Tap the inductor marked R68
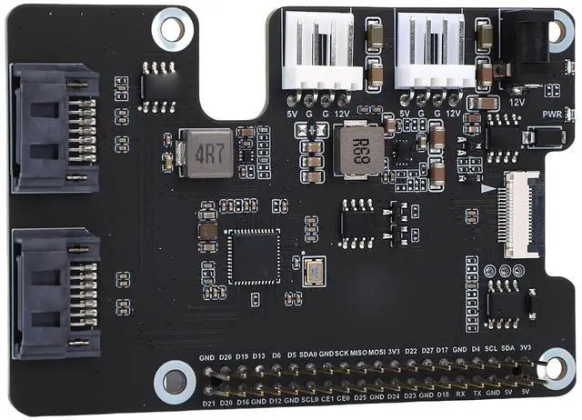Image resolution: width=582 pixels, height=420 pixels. (359, 145)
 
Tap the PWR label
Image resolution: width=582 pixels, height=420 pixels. (552, 115)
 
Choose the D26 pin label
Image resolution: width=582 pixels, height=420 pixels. (226, 356)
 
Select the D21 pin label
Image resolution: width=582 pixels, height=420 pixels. (208, 401)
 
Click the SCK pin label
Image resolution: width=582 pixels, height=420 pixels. (342, 353)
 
